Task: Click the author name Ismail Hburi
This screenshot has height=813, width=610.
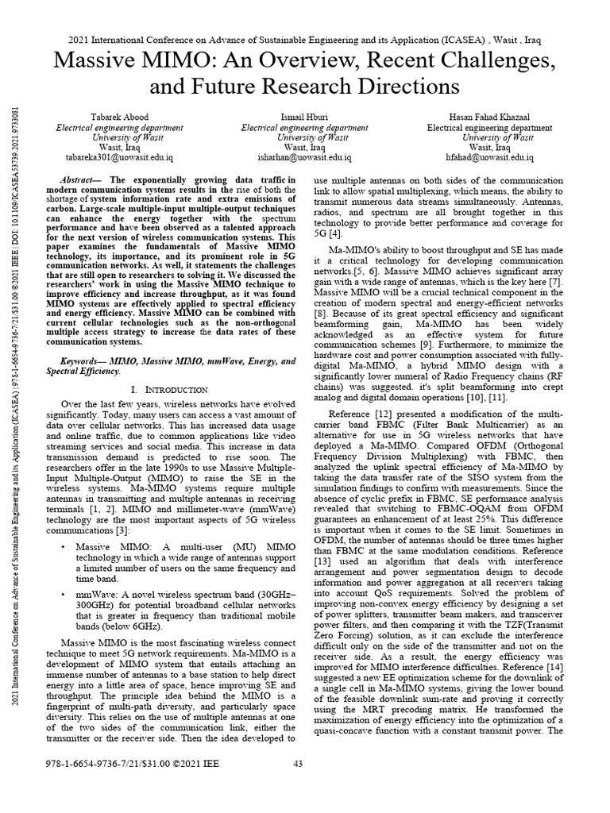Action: point(304,118)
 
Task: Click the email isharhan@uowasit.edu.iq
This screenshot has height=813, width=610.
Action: point(304,158)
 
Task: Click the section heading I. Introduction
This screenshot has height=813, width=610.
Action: point(168,390)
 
